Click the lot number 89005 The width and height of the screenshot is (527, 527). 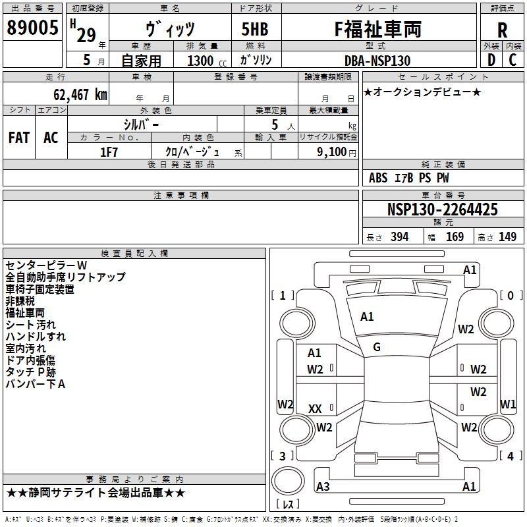(x=32, y=27)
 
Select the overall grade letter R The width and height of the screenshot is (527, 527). (x=502, y=30)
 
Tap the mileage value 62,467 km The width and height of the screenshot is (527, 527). (x=80, y=95)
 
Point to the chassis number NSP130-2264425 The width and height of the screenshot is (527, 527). (x=442, y=209)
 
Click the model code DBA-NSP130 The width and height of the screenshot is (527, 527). (x=377, y=61)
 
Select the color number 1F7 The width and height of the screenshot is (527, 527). (x=109, y=152)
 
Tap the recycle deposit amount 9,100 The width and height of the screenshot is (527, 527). (x=332, y=152)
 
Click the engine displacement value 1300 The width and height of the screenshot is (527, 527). (x=200, y=61)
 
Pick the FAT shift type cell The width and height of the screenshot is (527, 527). (x=19, y=138)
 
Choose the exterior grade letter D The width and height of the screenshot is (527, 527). (x=491, y=60)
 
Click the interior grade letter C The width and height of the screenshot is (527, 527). (x=513, y=60)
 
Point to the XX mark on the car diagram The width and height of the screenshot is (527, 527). (x=315, y=409)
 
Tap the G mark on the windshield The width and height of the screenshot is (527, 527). (x=377, y=347)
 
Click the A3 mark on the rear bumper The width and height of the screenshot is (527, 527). (x=323, y=486)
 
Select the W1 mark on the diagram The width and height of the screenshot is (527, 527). (x=508, y=404)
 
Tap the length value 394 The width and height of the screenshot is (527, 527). (x=400, y=236)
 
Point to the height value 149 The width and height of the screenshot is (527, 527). (x=507, y=236)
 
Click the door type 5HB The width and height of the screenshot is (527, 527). (x=255, y=29)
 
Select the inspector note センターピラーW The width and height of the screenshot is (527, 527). (x=46, y=265)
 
